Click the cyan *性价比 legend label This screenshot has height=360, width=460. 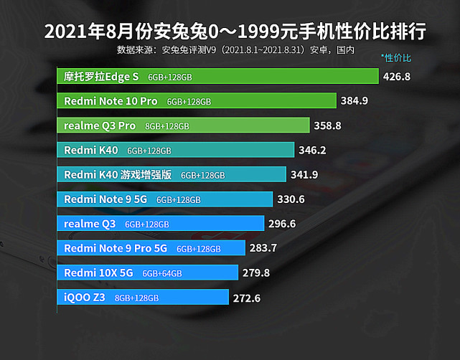click(396, 57)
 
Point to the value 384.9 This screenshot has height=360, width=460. click(355, 101)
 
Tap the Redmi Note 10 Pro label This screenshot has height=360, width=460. click(111, 101)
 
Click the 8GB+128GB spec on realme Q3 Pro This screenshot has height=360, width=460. click(167, 126)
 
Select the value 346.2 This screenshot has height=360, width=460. click(313, 151)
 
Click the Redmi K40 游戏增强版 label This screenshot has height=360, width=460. click(118, 174)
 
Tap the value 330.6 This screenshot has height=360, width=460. click(291, 199)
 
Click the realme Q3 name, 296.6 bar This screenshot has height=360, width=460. click(90, 224)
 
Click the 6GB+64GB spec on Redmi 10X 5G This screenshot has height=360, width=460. click(162, 273)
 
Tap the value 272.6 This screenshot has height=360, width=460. click(248, 298)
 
